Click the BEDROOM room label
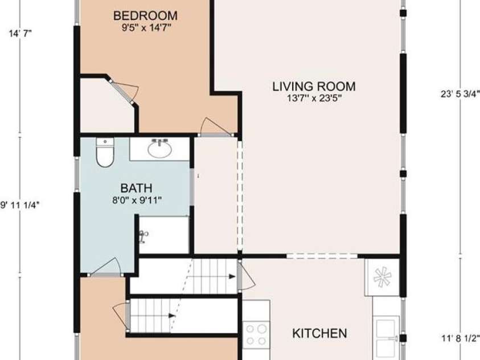[145, 15]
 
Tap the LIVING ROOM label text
[314, 87]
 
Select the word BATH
[136, 188]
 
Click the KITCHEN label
[319, 333]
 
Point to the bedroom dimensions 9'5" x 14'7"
[146, 28]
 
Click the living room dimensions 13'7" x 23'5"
[314, 99]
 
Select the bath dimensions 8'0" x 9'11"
[137, 201]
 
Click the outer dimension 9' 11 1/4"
[20, 205]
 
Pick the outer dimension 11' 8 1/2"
[461, 338]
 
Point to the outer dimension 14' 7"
[20, 33]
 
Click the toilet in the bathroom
[105, 152]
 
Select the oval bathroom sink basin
[159, 149]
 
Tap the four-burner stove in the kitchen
[257, 335]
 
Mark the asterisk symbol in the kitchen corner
[382, 277]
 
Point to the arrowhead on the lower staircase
[172, 316]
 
